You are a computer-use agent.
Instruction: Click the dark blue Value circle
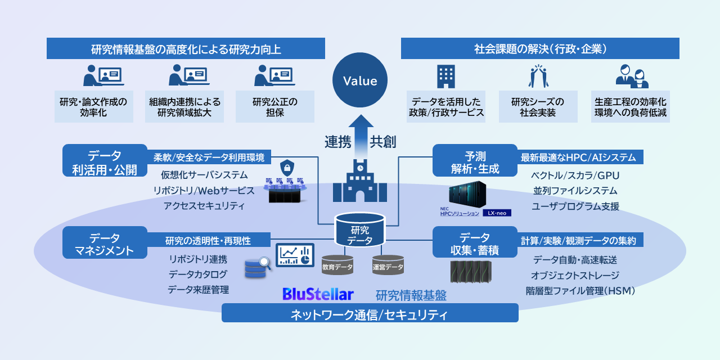[x=360, y=81]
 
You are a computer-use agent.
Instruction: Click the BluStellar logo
[x=318, y=294]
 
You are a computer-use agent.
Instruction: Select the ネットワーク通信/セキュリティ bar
[x=370, y=313]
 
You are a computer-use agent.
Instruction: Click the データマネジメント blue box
[x=105, y=244]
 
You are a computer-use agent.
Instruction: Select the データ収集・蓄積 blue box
[x=475, y=244]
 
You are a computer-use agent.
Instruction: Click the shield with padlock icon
[x=287, y=168]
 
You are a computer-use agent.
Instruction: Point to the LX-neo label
[x=497, y=213]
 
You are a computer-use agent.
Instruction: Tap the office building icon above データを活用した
[x=445, y=76]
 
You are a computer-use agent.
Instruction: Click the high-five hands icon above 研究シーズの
[x=538, y=76]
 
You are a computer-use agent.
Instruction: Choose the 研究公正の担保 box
[x=275, y=107]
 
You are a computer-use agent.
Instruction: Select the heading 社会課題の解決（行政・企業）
[x=540, y=49]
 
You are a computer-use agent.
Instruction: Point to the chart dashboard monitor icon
[x=295, y=255]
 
